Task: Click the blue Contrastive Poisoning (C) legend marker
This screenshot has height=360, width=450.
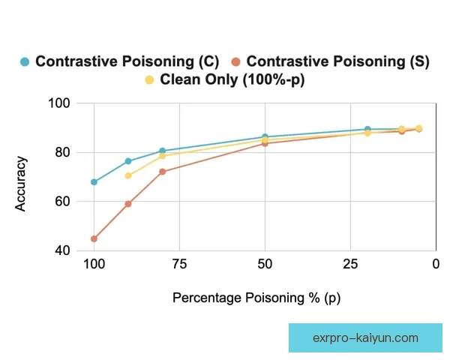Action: (25, 61)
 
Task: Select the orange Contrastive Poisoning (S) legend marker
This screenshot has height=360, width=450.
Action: (236, 61)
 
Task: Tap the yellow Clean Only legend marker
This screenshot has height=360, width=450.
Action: (149, 79)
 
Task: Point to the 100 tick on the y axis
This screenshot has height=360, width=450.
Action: (59, 103)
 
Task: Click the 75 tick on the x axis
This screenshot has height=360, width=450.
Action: (178, 264)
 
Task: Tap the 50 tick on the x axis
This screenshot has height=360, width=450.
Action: (264, 264)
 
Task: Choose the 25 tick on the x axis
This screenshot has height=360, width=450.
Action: (349, 264)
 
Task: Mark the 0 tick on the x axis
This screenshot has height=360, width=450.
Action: (435, 264)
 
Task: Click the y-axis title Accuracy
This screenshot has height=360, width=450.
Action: (22, 184)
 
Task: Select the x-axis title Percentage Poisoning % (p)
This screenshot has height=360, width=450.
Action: (256, 298)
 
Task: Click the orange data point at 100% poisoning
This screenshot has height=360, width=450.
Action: (94, 238)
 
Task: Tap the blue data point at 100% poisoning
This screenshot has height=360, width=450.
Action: (94, 182)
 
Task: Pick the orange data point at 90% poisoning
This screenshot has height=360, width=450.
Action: (128, 204)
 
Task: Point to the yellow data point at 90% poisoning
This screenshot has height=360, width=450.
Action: (128, 175)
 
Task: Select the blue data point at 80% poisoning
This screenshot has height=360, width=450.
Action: (162, 151)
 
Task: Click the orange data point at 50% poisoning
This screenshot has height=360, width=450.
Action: (265, 143)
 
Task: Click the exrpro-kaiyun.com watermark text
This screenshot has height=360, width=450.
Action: (364, 337)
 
